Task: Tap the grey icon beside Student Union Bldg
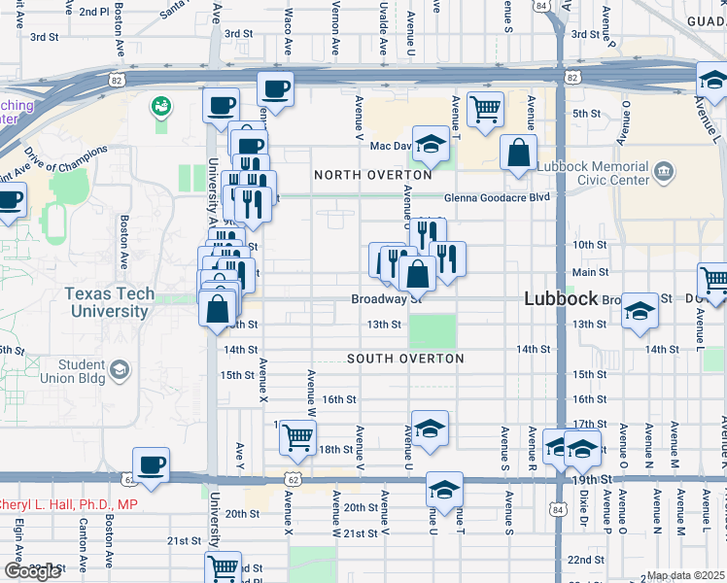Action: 119,369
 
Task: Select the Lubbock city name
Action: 561,299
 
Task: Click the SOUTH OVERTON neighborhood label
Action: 405,359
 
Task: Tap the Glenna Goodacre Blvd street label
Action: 498,197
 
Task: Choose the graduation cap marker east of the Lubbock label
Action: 640,311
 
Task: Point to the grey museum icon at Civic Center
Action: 665,173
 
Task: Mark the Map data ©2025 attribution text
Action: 686,576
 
